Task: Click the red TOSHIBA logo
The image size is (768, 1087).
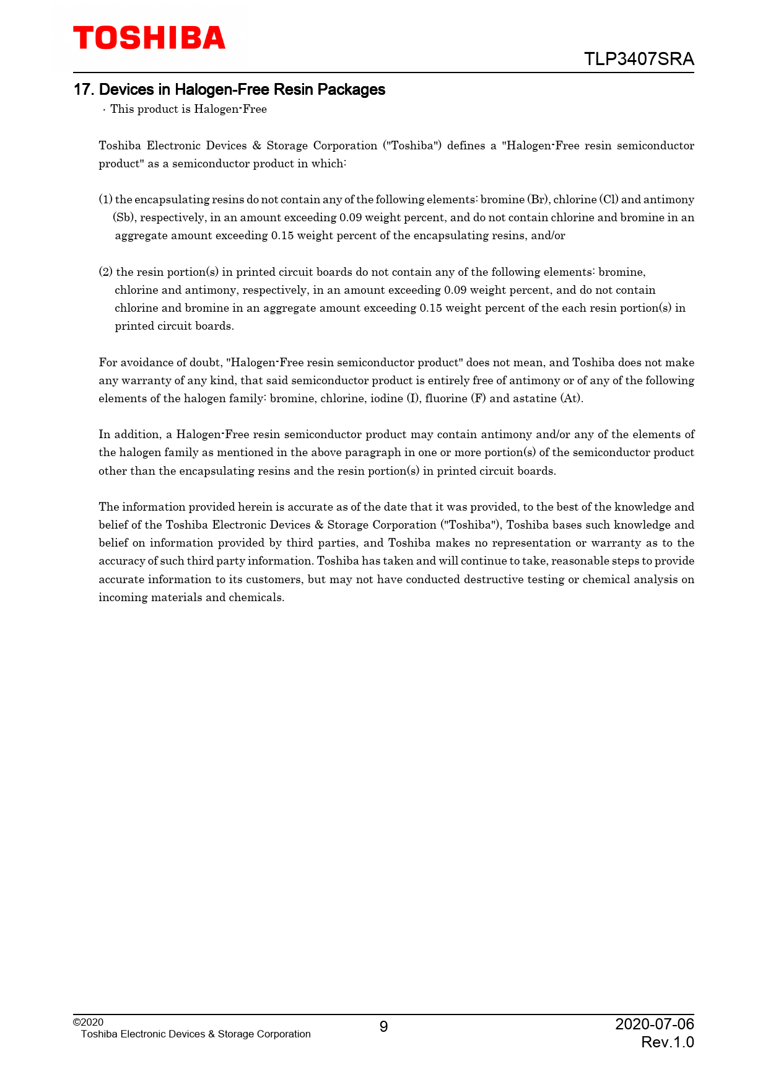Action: pos(149,38)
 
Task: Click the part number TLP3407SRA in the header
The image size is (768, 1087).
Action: pos(639,59)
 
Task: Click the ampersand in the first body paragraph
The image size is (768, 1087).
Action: pos(257,146)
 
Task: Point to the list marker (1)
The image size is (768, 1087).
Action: pos(106,200)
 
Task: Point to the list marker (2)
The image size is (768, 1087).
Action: pos(106,272)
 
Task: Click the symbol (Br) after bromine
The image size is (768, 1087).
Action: pos(538,200)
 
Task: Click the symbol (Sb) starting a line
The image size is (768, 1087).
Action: pos(124,218)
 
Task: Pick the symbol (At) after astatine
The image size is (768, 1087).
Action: pos(571,398)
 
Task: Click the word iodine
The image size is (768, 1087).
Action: pos(386,398)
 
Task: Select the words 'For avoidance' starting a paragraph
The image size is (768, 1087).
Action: pos(136,363)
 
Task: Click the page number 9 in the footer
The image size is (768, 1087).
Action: pos(383,1027)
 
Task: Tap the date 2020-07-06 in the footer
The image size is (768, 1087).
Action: pos(654,1024)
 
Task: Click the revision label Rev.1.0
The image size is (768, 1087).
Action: pos(667,1042)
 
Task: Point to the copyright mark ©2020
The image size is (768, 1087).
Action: pos(88,1022)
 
